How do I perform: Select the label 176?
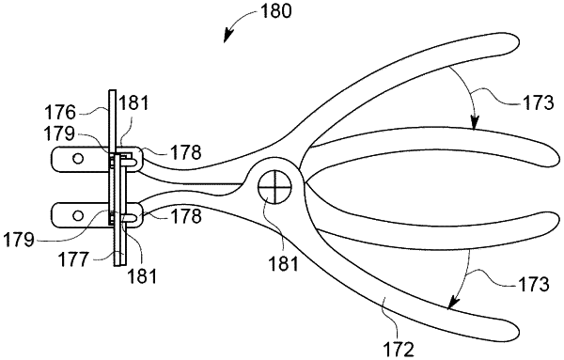coord(60,113)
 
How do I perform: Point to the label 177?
coord(74,258)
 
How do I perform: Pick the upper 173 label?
coord(536,103)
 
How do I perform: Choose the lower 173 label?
coord(532,284)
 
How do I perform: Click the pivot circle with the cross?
coord(275,187)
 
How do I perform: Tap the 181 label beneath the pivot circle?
coord(283,263)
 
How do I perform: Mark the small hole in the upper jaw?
coord(78,158)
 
